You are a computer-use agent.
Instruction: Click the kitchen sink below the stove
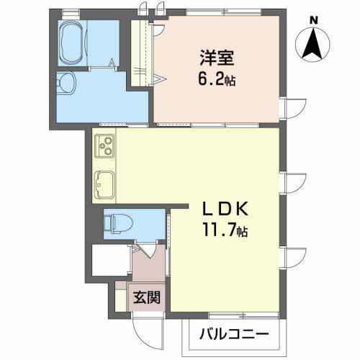(x=103, y=184)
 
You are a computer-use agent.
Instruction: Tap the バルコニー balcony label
(x=234, y=336)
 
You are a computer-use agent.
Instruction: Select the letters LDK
(x=225, y=210)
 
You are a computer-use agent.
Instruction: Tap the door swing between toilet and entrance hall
(x=142, y=251)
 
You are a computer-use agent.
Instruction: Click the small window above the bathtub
(x=70, y=12)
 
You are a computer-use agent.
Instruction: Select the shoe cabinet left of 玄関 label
(x=120, y=297)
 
